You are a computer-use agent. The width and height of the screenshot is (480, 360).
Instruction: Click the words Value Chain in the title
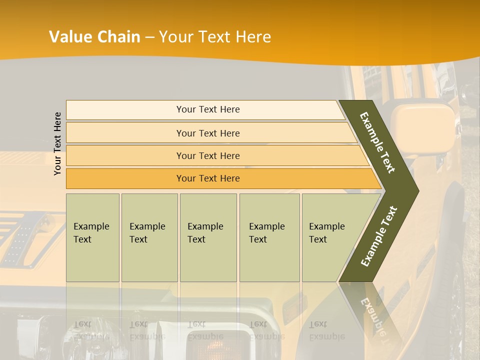[94, 37]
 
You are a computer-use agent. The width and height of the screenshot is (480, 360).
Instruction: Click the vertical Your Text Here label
[57, 143]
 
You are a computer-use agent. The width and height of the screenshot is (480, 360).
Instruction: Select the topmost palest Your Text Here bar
[207, 109]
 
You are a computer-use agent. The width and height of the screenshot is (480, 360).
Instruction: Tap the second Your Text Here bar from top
[207, 133]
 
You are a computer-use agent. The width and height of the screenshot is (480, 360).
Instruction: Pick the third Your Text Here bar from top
[207, 155]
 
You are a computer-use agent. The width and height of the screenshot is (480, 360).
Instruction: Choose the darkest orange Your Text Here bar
[207, 178]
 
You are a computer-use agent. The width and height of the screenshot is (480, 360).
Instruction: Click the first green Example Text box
[92, 237]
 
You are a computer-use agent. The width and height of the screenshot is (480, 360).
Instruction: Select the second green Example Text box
[149, 237]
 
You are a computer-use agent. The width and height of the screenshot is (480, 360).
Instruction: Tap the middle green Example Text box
[207, 237]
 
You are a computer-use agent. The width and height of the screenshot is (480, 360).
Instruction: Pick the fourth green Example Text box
[269, 237]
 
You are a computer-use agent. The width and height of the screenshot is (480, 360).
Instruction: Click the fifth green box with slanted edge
[330, 237]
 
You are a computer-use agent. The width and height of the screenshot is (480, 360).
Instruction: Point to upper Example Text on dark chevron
[377, 142]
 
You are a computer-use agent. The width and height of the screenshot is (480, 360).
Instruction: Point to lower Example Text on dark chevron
[378, 236]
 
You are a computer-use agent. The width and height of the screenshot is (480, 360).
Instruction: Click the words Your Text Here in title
[215, 37]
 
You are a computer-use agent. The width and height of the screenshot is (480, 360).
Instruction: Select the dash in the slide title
[149, 37]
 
